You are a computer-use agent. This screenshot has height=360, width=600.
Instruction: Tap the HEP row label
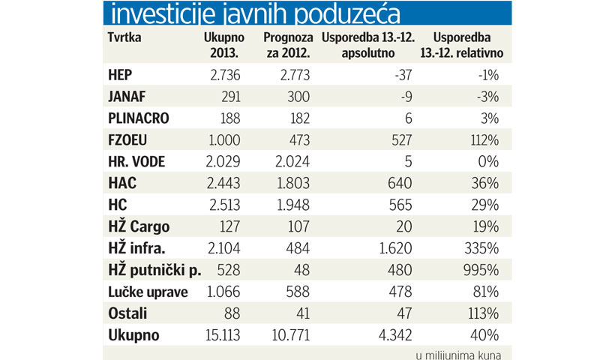click(x=121, y=76)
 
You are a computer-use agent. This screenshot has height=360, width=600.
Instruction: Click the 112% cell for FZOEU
click(x=484, y=138)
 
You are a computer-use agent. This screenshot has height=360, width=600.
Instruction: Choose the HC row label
click(x=117, y=201)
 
